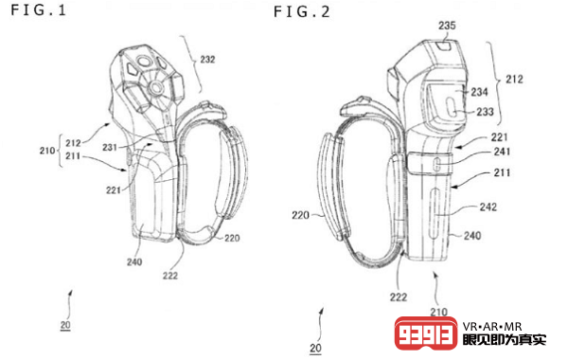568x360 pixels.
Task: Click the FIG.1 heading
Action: pos(39,9)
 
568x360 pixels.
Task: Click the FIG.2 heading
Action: pos(302,12)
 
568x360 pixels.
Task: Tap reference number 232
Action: pos(207,59)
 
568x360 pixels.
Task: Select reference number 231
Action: pos(110,147)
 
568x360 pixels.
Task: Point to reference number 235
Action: pos(447,26)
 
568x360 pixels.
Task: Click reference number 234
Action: pos(479,92)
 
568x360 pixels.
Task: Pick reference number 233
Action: pos(485,112)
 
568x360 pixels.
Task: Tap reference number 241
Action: pos(502,152)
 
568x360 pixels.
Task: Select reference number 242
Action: pos(488,207)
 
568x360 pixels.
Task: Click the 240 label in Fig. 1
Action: pos(134,261)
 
